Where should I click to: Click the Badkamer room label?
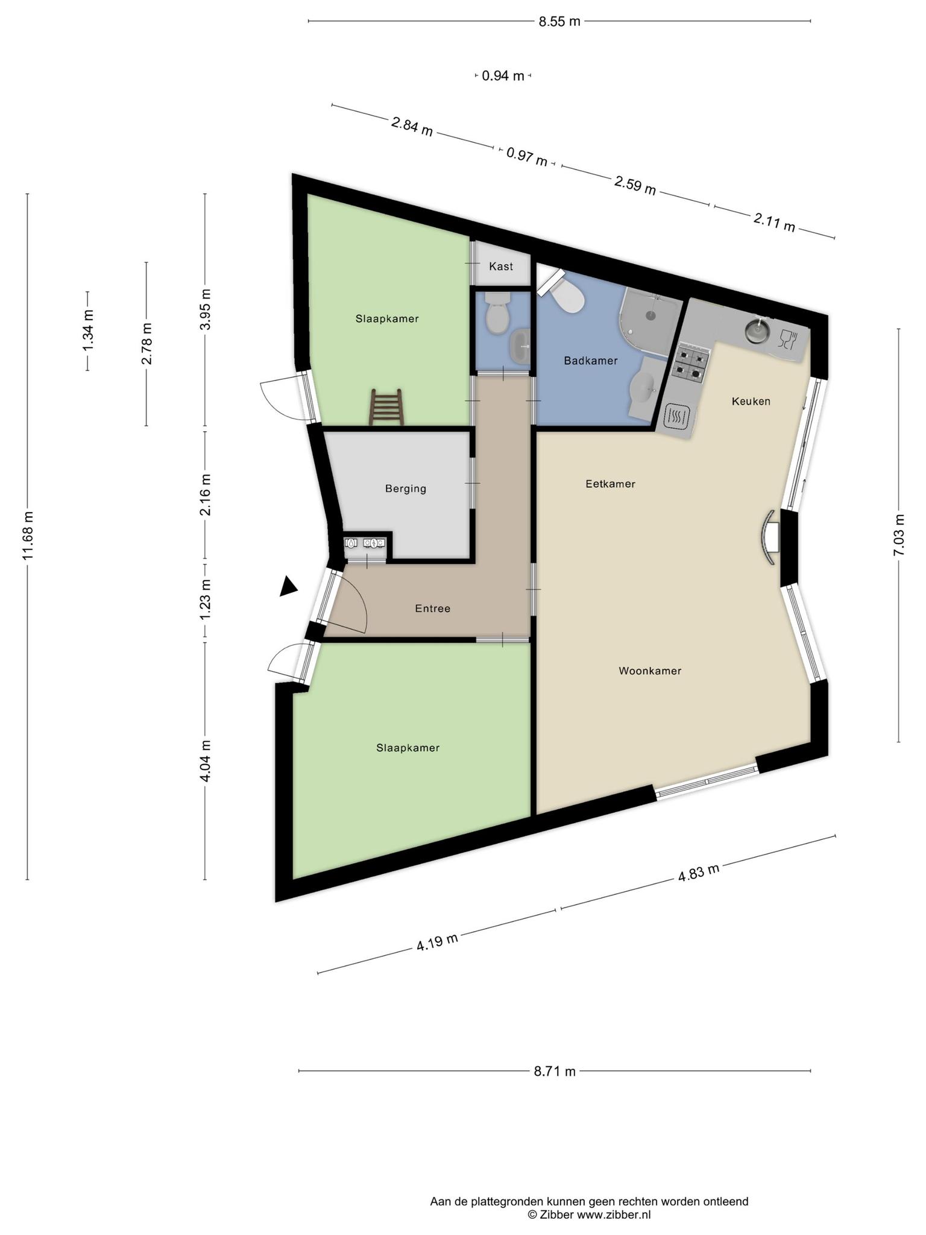coord(590,361)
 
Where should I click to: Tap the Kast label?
coord(501,266)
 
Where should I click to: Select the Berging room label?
coord(406,488)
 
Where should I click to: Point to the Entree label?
coord(432,608)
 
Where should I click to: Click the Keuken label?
coord(751,401)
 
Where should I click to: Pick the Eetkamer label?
coord(610,484)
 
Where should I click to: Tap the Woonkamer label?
coord(650,671)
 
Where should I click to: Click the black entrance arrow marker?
coord(288,587)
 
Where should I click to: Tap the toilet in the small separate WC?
coord(498,313)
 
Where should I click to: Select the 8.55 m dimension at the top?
coord(559,22)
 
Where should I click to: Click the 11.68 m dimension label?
coord(28,535)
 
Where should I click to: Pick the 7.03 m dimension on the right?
coord(899,535)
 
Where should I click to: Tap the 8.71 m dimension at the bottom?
coord(555,1071)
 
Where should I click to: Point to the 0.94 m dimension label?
coord(503,76)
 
